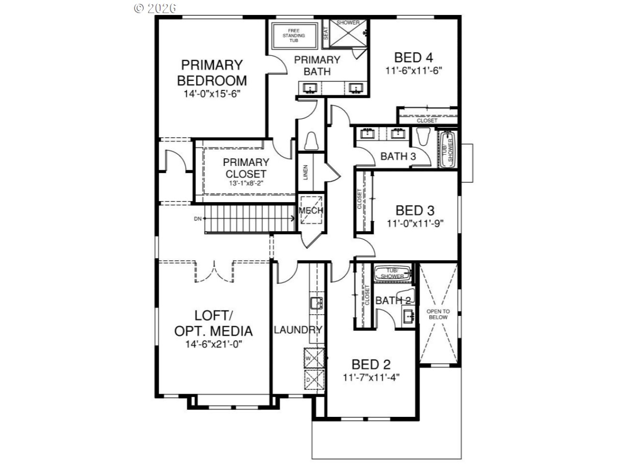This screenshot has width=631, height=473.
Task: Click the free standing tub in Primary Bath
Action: pos(294,36)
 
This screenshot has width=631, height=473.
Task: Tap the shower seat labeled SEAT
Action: pos(326,33)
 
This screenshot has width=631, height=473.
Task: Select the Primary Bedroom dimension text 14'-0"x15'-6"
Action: pos(212,94)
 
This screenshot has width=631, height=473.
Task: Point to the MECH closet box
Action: pos(310,211)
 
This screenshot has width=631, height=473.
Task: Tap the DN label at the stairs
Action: pos(197,219)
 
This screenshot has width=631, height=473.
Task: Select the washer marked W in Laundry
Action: pos(313,358)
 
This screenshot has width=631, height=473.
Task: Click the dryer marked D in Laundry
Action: pos(313,380)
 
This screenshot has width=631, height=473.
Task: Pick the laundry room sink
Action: pos(317,304)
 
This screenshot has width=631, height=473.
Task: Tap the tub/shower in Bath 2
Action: pos(392,273)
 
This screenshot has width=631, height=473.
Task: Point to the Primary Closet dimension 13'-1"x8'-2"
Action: pos(245,183)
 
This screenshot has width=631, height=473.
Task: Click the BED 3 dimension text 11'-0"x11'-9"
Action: pos(415,223)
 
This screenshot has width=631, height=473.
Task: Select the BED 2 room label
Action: pos(371,364)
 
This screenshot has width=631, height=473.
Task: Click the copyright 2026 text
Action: pos(154,8)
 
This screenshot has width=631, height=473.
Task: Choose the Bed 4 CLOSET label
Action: pos(426,120)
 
